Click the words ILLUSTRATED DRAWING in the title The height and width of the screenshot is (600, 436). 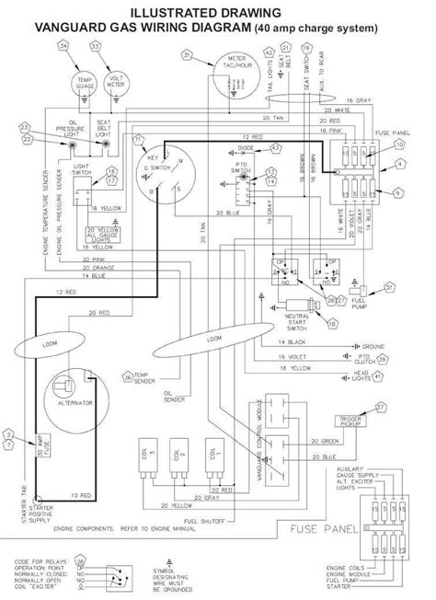tap(217, 13)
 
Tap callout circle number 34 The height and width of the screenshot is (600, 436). tap(63, 46)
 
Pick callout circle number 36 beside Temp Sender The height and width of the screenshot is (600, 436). tap(127, 376)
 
